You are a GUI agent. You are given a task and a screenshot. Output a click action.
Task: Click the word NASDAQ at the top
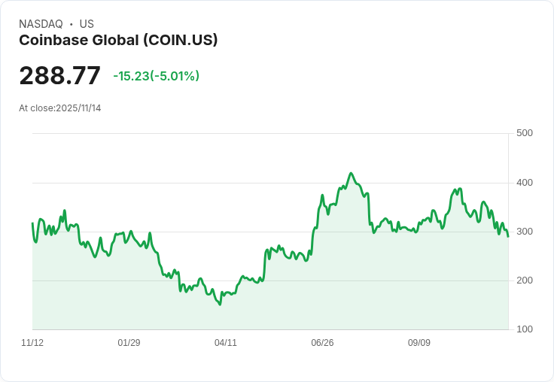[41, 24]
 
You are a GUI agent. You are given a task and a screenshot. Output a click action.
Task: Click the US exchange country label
[87, 24]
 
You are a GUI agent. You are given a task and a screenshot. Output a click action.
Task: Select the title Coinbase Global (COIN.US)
[118, 41]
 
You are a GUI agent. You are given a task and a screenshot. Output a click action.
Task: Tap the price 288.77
[59, 76]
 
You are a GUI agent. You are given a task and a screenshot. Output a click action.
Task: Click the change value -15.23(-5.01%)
[156, 76]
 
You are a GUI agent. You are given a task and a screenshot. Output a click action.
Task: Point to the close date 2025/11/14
[78, 108]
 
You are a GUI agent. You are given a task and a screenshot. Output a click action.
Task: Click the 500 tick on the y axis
[525, 133]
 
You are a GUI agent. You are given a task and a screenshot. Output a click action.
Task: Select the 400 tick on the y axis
[525, 183]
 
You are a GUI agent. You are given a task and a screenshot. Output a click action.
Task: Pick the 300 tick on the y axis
[525, 232]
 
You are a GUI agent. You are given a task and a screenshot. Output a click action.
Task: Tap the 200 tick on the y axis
[525, 280]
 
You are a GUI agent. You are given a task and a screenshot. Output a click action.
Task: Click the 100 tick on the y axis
[525, 329]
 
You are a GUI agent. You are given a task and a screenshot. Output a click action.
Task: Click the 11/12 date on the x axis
[32, 343]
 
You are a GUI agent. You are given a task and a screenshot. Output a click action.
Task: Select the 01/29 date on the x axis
[129, 343]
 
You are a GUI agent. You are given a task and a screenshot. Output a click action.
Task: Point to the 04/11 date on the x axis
[226, 343]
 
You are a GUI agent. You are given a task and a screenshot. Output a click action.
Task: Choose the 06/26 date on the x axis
[322, 343]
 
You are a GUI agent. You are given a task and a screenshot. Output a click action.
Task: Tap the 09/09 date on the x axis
[419, 343]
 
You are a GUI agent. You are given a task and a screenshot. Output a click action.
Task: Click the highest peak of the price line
[351, 173]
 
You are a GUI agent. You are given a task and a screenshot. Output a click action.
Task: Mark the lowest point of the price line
[220, 305]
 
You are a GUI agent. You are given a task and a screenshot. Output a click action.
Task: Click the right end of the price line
[508, 237]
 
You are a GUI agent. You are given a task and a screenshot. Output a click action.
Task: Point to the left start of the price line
[32, 223]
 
